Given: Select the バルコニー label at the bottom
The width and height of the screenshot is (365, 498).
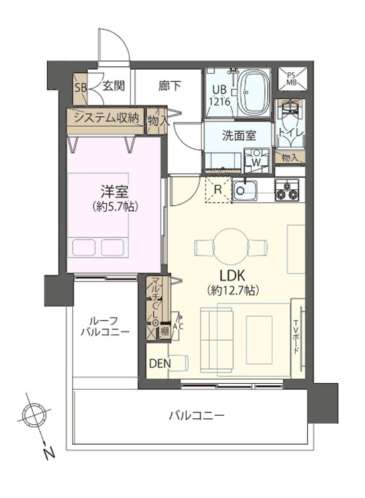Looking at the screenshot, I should [x=196, y=416].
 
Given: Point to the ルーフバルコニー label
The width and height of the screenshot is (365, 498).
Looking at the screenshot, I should [x=105, y=325].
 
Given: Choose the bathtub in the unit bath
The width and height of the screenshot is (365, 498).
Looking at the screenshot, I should [x=253, y=92].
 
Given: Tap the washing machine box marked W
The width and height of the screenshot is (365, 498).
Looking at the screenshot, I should [x=253, y=160].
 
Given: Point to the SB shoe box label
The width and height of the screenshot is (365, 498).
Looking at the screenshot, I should [x=80, y=86].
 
